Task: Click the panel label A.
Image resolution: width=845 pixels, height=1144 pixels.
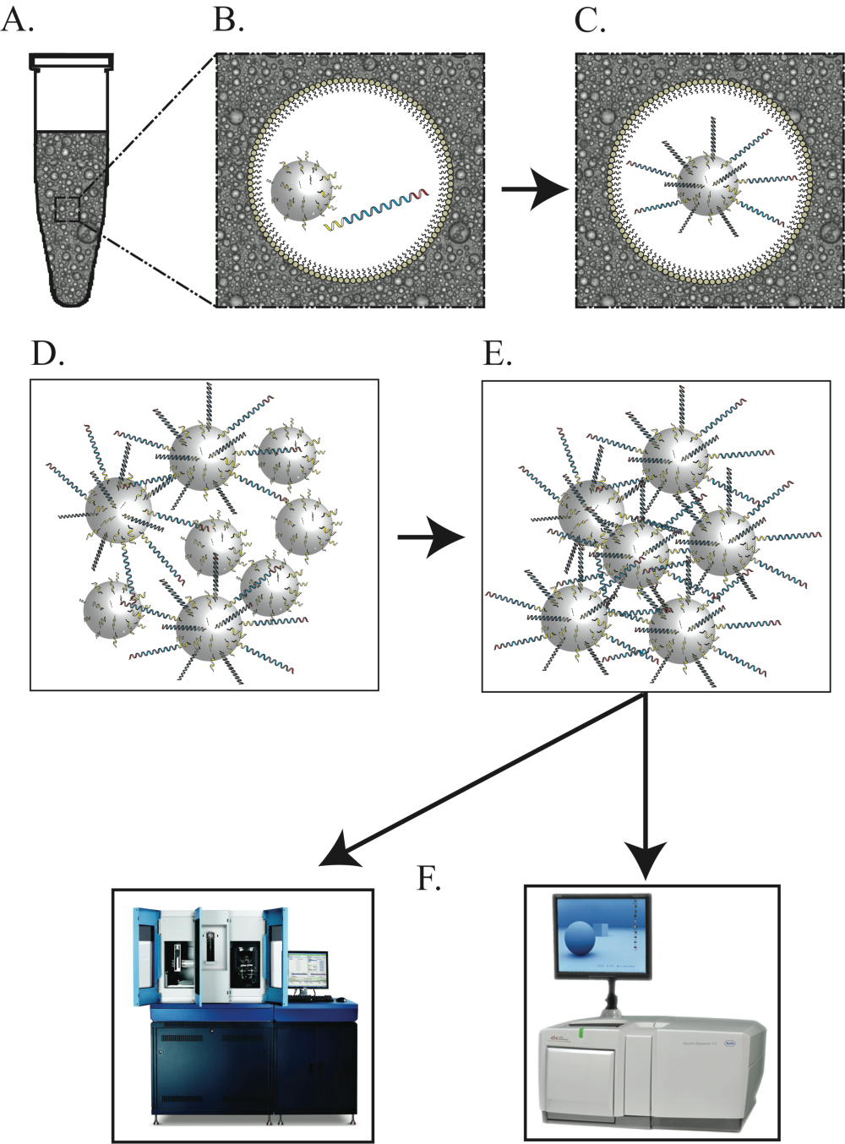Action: [17, 19]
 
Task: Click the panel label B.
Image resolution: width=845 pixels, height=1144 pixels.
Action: [228, 19]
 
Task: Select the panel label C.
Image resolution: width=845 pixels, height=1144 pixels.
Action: [589, 19]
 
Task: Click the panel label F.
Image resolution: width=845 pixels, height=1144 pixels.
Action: [428, 879]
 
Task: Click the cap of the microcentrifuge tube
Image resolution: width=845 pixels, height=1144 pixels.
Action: [72, 61]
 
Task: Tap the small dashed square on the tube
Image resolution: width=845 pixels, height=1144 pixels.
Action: [68, 209]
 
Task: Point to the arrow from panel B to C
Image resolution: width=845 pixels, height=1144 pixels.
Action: [532, 189]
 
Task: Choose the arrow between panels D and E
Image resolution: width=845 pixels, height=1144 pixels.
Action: [431, 537]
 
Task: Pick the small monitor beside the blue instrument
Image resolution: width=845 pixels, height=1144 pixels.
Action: [307, 973]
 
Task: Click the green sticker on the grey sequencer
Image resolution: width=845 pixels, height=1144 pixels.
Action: [582, 1033]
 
